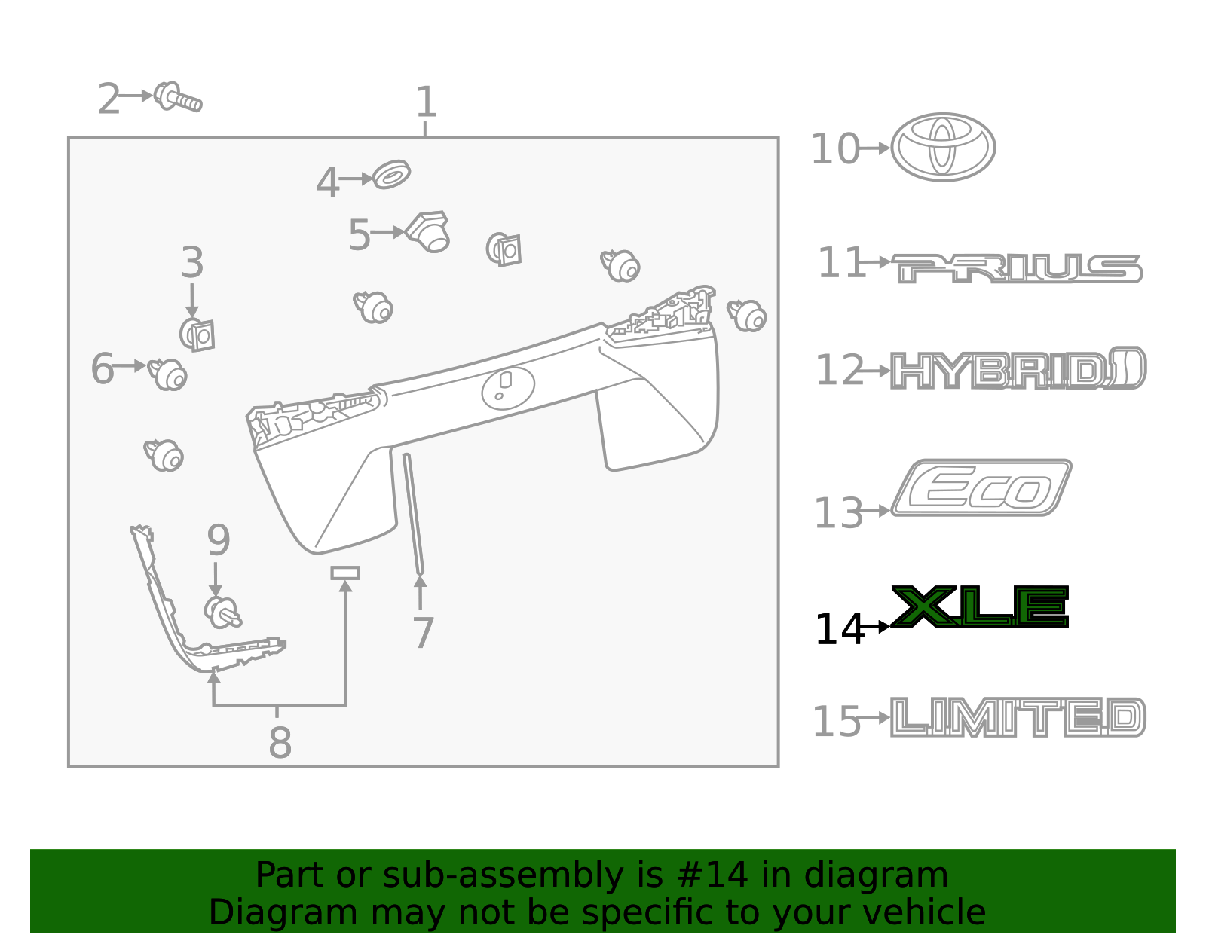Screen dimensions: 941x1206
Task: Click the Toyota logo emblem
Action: (x=942, y=147)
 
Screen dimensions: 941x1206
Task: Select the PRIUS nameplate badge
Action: (x=1018, y=269)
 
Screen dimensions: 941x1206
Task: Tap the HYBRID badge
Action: (x=1018, y=369)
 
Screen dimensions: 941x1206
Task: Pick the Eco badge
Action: (x=981, y=488)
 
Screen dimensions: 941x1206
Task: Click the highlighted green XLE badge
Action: (x=980, y=607)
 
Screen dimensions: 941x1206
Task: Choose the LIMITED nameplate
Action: (x=1018, y=716)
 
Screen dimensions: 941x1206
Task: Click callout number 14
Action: (x=838, y=630)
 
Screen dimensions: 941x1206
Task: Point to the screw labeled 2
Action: (x=178, y=97)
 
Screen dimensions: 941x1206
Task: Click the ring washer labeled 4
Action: (x=391, y=175)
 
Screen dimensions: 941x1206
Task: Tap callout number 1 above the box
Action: (x=426, y=102)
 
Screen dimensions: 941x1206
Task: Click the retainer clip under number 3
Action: (x=197, y=334)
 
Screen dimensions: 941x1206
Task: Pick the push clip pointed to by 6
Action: (x=168, y=374)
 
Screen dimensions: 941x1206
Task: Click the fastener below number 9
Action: (x=222, y=612)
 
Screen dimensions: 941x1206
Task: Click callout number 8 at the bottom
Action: (x=280, y=743)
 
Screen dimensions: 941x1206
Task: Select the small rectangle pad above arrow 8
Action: (x=345, y=573)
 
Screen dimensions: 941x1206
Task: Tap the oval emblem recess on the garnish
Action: (x=508, y=388)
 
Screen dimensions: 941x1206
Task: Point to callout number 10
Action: (x=834, y=149)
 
